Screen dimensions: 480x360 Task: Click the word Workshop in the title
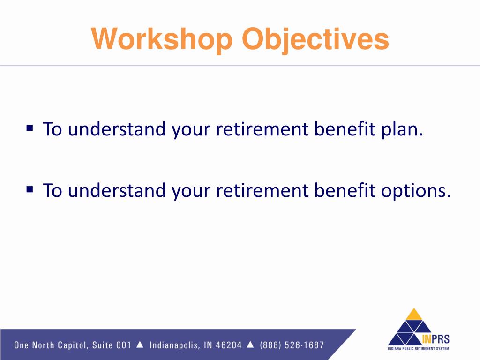162,39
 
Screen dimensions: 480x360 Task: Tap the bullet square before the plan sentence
30,127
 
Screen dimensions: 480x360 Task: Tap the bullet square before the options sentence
30,189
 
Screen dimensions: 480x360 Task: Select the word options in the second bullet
416,191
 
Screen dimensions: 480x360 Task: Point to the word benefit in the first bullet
345,128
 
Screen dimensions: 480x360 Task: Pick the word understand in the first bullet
117,128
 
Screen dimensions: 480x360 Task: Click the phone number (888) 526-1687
292,345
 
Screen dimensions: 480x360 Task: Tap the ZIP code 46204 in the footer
229,345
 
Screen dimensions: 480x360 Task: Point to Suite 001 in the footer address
112,345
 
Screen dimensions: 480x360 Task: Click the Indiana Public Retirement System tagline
418,348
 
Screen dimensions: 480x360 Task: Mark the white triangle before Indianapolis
140,345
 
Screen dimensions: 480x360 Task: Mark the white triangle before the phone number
250,345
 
